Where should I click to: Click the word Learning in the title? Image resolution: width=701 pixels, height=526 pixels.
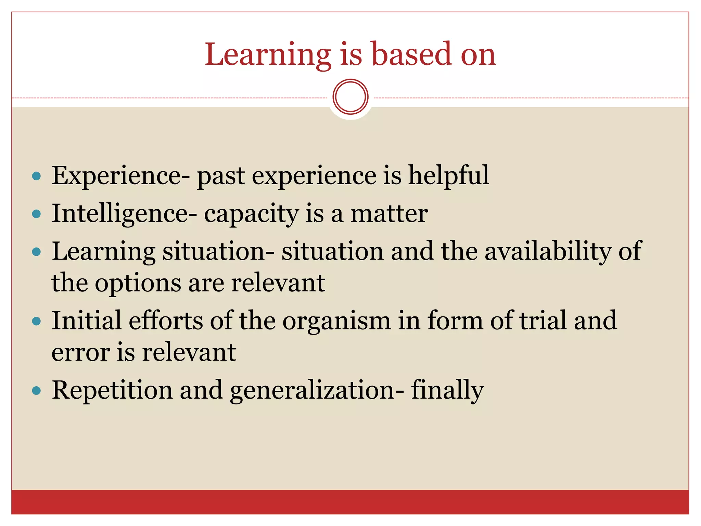point(268,55)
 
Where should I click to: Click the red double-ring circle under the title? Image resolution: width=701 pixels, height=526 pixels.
point(350,97)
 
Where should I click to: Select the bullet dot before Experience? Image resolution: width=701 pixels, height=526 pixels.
point(36,176)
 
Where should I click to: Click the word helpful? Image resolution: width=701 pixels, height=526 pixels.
point(448,176)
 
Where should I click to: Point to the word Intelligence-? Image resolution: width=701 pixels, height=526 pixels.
point(124,214)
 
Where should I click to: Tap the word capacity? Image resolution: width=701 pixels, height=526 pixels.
point(251,214)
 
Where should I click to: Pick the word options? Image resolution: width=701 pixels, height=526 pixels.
point(138,284)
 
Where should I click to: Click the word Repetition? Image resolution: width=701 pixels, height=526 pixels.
point(112,391)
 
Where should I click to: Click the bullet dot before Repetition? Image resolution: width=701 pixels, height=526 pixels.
point(36,391)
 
